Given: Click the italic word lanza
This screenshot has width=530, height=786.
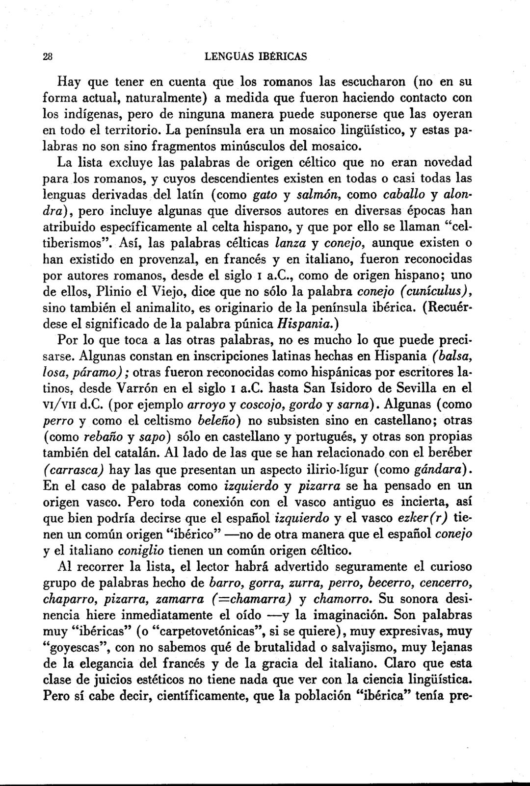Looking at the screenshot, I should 289,242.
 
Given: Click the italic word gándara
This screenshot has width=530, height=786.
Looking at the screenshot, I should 440,469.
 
